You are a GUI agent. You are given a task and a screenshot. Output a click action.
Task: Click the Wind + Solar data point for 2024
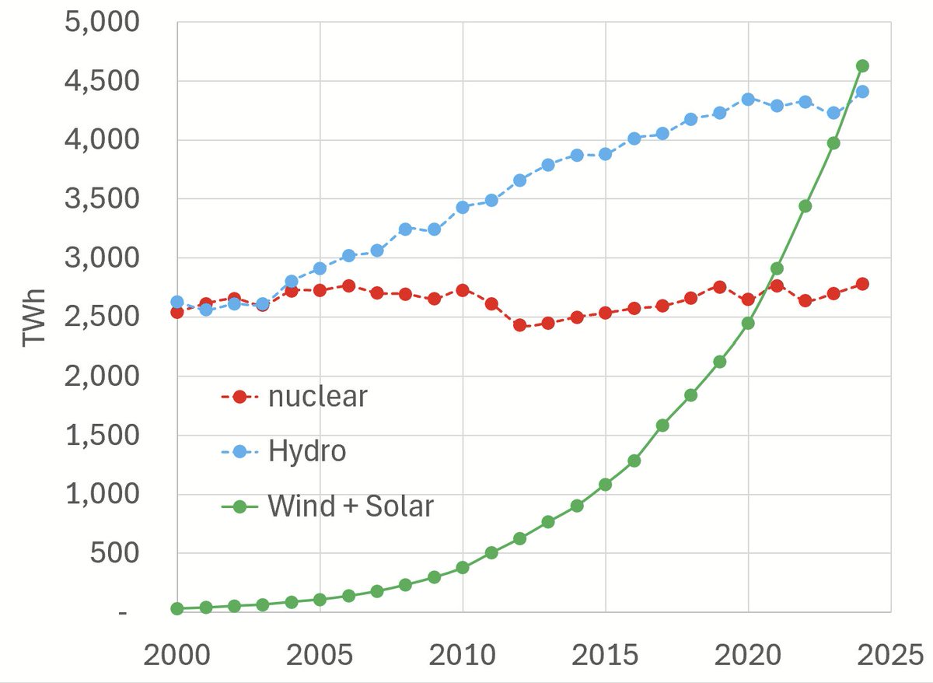[862, 66]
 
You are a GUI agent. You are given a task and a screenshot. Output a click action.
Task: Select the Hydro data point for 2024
[862, 92]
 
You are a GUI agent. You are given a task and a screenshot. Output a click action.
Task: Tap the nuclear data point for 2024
[862, 284]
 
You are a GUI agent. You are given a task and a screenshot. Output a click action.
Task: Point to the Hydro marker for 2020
[748, 100]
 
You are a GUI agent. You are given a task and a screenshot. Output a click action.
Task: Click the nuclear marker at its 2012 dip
[519, 325]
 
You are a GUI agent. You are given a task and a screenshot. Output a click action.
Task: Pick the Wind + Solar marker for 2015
[605, 485]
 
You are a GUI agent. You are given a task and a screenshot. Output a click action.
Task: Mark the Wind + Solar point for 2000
[177, 609]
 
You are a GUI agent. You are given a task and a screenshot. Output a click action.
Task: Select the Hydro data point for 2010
[463, 207]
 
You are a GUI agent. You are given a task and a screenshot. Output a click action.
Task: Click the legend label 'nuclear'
[317, 397]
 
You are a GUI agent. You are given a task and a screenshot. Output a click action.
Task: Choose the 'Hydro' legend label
[306, 451]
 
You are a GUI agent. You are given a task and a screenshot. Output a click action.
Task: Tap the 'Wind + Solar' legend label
[350, 506]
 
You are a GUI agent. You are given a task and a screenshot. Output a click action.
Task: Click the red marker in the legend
[239, 397]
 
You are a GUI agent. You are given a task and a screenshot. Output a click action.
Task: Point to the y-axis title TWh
[35, 318]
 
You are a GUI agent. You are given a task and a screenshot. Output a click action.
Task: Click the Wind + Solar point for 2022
[805, 206]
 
